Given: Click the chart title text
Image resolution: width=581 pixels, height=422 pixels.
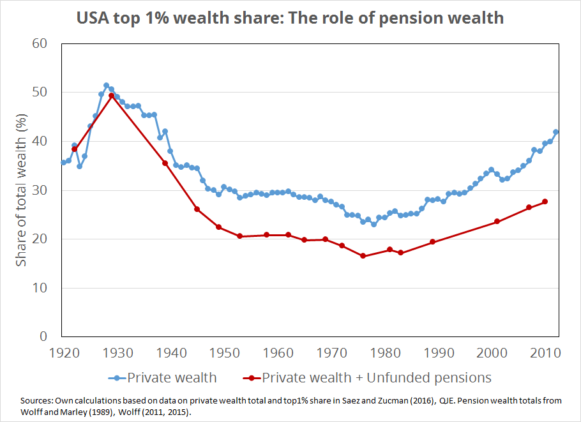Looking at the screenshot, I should (x=290, y=17).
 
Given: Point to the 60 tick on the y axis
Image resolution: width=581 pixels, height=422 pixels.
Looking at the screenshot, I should (x=40, y=44).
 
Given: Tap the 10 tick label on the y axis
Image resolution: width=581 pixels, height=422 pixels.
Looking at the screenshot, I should (x=40, y=288).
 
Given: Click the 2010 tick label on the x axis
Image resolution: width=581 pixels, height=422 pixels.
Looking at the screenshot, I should (x=546, y=352).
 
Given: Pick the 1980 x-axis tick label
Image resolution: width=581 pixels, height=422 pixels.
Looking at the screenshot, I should (x=385, y=352).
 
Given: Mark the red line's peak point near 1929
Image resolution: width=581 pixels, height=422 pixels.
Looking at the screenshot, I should (x=112, y=96).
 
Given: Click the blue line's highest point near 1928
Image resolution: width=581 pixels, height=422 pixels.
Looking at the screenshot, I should (x=106, y=86).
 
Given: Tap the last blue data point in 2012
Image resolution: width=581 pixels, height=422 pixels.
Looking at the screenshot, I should (x=555, y=132).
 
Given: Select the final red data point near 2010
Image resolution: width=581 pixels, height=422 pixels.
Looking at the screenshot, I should (x=545, y=202).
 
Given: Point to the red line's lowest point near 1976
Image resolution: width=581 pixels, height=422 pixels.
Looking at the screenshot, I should (x=363, y=256).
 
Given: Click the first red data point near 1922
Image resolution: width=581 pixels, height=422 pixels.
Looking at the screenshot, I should (x=74, y=149).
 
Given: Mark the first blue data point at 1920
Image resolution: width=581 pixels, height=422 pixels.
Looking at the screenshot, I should (x=63, y=162).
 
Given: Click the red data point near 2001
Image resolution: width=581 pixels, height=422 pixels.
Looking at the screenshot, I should (x=497, y=222).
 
